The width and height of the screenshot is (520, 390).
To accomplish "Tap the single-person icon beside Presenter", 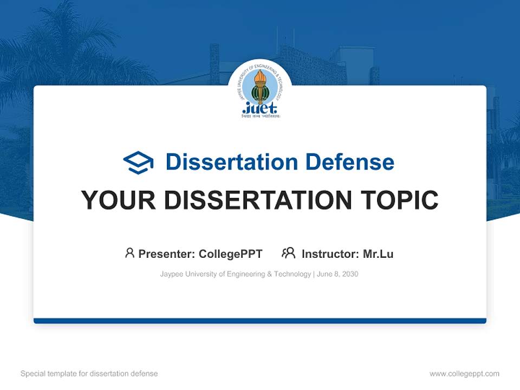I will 129,253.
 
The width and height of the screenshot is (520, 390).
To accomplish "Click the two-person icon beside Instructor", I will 288,253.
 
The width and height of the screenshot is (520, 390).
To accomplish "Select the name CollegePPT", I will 230,254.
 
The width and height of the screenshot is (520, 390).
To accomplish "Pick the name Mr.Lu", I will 378,254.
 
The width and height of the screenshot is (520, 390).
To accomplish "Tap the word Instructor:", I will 330,254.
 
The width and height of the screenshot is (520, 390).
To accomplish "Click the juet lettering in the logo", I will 260,107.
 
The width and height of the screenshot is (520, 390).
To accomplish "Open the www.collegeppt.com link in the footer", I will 464,374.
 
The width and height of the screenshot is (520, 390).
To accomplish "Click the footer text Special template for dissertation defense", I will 89,374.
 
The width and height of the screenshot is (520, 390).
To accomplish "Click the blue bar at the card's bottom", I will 260,321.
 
